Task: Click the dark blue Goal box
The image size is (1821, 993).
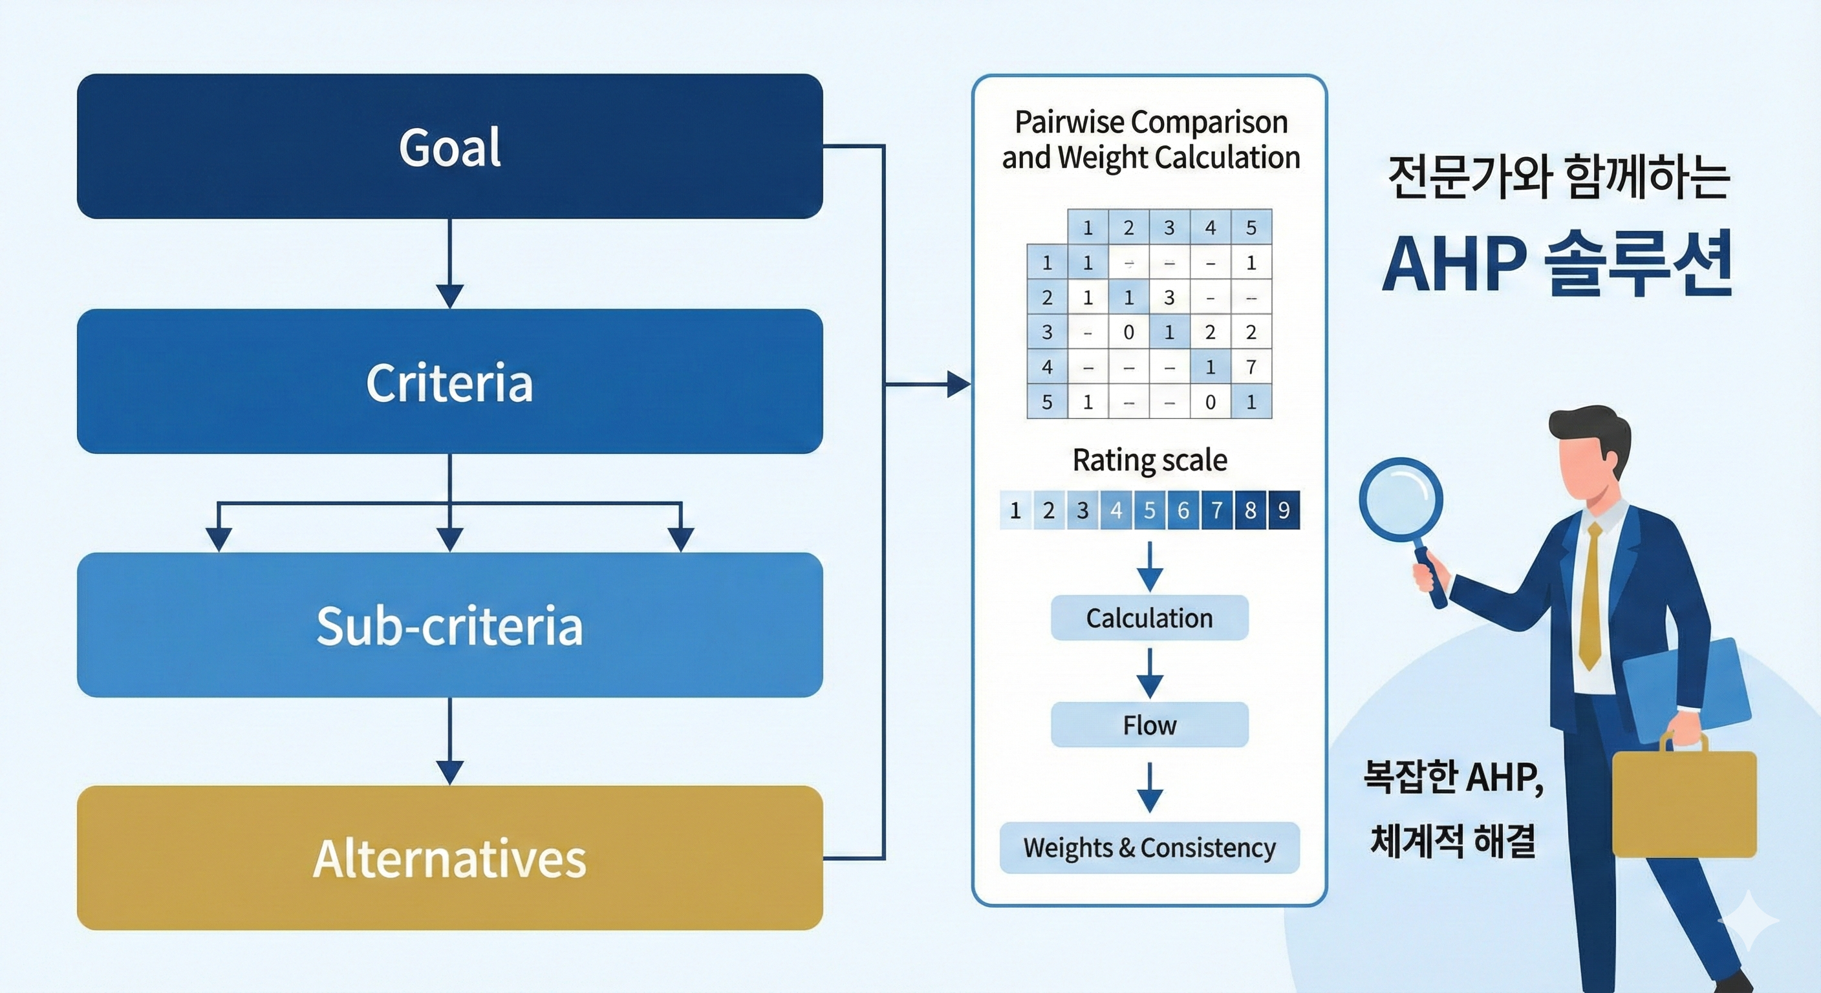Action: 449,146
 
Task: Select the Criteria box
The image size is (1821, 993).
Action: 449,381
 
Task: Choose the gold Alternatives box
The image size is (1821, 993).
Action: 449,858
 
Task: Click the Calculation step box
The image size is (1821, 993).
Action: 1149,617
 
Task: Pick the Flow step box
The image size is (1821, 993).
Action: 1149,725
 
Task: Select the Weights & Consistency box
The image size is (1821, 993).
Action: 1149,848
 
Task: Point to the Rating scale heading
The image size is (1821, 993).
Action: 1149,460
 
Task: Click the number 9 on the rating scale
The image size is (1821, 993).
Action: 1283,509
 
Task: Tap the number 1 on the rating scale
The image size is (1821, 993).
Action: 1016,509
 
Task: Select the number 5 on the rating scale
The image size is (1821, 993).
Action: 1149,509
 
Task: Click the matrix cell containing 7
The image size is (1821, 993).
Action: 1251,367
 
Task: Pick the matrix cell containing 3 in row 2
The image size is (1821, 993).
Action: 1169,297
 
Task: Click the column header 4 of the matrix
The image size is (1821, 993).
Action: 1211,228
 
